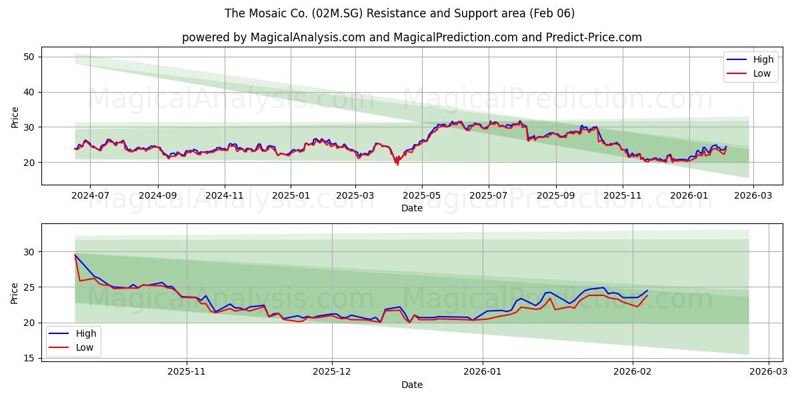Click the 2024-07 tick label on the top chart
90,195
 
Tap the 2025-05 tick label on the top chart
421,195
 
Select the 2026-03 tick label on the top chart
753,195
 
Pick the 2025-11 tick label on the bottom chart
187,371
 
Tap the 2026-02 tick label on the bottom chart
633,371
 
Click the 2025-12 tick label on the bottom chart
331,371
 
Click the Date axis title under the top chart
412,208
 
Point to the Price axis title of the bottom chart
15,293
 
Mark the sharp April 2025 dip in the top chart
398,163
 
